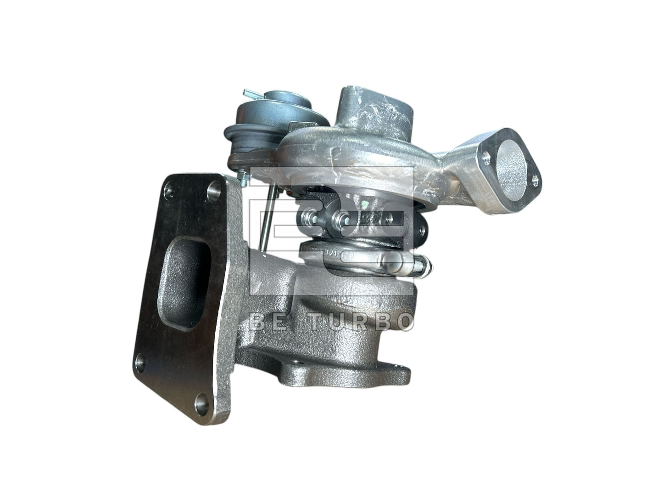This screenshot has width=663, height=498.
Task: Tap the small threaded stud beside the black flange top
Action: tap(241, 177)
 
